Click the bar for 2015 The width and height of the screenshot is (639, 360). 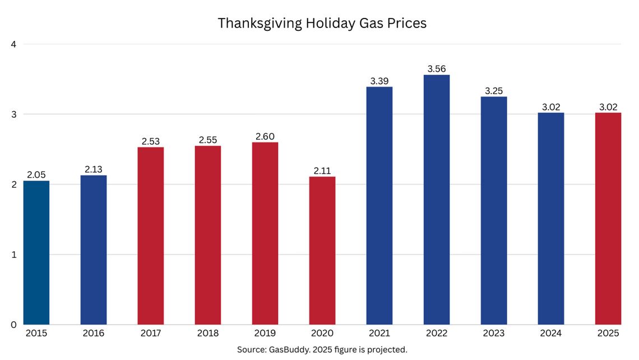tap(36, 252)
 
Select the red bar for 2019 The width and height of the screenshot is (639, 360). tap(265, 233)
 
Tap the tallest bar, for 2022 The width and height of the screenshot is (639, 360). tap(437, 200)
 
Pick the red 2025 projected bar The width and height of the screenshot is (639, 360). tap(608, 219)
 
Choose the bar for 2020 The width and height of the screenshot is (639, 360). tap(322, 250)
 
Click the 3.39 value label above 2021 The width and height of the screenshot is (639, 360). tap(379, 81)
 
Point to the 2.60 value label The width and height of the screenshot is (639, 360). tap(265, 137)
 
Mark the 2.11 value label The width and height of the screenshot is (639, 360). tap(322, 171)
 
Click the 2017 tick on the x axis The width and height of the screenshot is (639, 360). tap(151, 334)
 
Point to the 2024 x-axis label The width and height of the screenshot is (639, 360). tap(551, 334)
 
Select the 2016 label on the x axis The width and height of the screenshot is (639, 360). tap(93, 334)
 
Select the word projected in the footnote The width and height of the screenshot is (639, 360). tap(386, 349)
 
